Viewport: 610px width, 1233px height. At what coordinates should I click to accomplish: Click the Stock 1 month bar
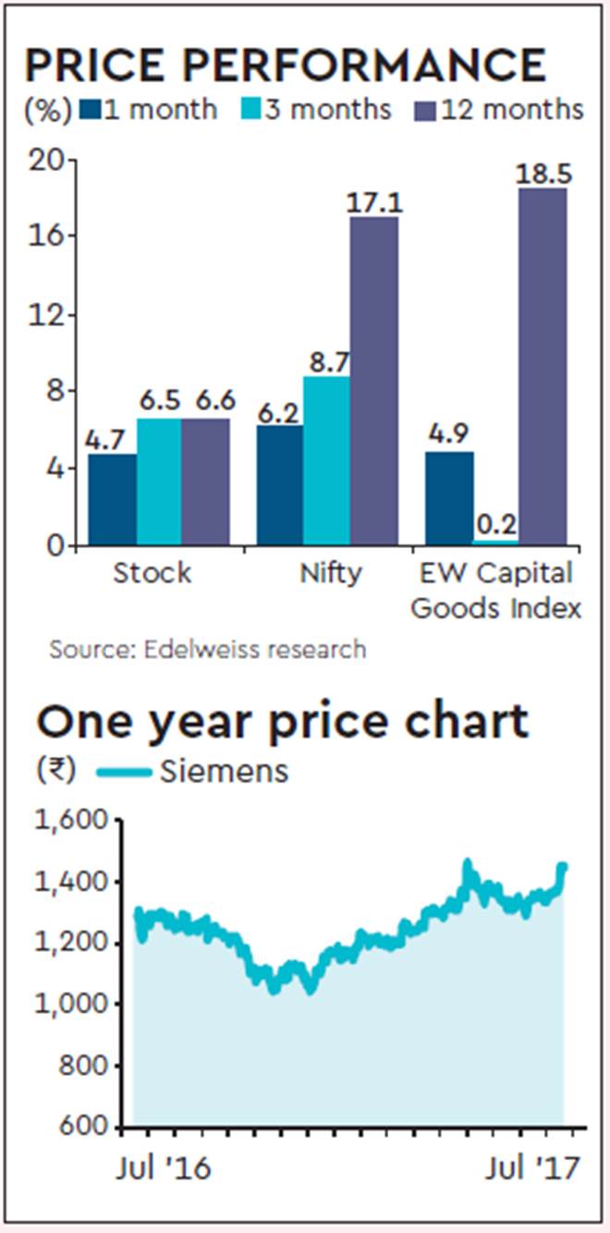[x=112, y=499]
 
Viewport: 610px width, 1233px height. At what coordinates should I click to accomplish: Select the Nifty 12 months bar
[x=374, y=381]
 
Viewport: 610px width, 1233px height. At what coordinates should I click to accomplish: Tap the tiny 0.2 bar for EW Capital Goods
[x=496, y=542]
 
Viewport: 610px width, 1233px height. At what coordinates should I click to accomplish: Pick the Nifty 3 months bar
[x=326, y=460]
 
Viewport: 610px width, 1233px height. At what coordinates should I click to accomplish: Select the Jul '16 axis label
[x=163, y=1168]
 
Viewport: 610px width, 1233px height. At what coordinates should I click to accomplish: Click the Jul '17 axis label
[x=532, y=1168]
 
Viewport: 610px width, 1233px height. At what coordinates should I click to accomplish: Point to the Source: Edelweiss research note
[x=208, y=649]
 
